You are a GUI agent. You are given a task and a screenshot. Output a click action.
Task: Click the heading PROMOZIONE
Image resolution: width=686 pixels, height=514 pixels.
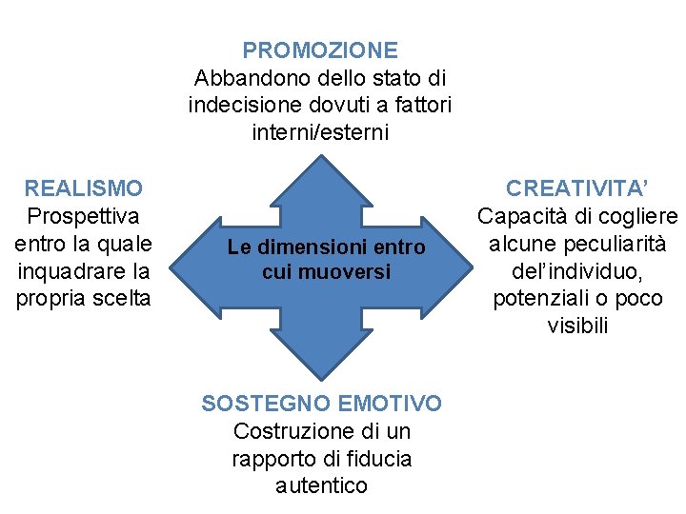coord(320,49)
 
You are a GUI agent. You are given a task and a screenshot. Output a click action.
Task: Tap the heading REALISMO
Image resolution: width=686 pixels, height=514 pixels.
coord(84,188)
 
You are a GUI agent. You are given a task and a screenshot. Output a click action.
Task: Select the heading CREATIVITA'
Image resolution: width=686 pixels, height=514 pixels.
coord(577,188)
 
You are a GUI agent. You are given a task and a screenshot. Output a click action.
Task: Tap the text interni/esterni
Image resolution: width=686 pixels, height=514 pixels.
coord(320,132)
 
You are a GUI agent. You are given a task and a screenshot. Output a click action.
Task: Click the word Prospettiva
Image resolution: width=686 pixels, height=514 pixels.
coord(84,216)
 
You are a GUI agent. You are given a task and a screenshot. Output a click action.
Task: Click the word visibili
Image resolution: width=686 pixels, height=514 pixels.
coord(577,326)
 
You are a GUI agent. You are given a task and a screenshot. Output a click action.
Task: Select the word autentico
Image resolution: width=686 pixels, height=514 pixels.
coord(321,485)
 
